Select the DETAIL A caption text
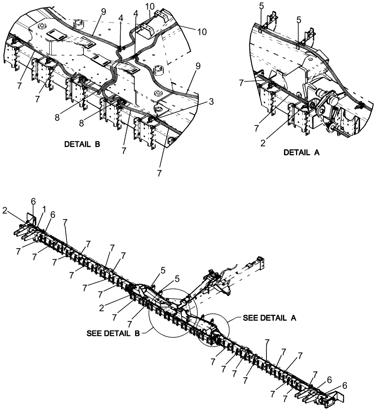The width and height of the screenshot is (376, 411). (302, 152)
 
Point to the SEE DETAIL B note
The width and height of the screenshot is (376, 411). (112, 334)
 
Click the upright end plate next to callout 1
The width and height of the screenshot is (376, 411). (31, 217)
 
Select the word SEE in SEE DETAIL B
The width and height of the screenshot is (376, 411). (93, 334)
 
